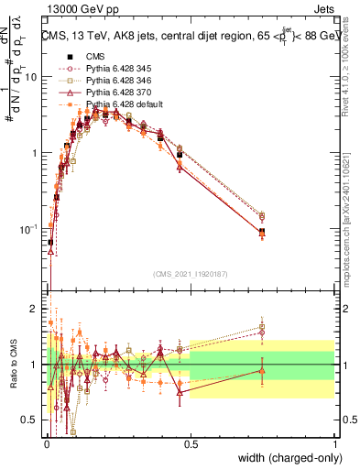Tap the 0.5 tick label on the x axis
click(191, 443)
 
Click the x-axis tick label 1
click(334, 443)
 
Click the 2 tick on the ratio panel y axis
click(37, 309)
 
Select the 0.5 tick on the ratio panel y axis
click(33, 420)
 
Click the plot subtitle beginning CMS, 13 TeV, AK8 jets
click(189, 36)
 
